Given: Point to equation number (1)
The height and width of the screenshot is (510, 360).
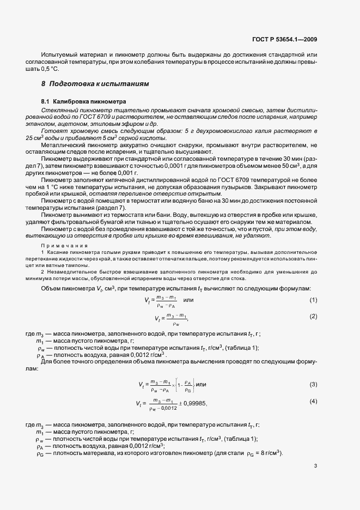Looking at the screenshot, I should pos(313,301).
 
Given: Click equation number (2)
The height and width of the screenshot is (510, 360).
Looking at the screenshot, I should pos(313,317).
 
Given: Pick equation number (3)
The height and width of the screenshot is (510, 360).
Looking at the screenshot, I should pos(313,385).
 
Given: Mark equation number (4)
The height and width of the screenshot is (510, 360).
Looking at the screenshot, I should pos(313,402).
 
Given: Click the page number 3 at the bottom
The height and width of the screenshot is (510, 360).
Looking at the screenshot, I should pos(315,465).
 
